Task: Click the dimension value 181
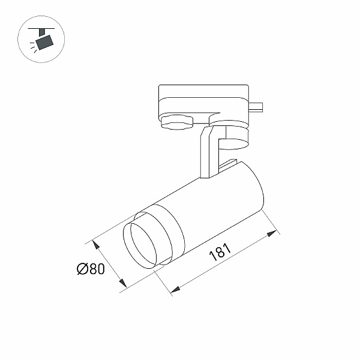pos(220,252)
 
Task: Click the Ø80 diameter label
pos(91,269)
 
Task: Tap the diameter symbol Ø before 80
pos(82,269)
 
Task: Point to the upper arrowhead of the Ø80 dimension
pos(95,245)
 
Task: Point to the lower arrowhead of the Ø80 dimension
pos(122,283)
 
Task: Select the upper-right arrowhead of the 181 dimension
pos(272,233)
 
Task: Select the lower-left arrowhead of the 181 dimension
pos(175,290)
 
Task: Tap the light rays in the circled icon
pos(33,47)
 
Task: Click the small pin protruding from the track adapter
pos(256,107)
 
